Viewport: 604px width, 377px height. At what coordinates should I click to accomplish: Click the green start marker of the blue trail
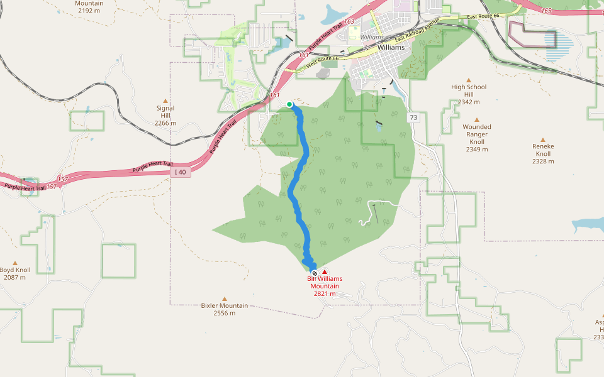tap(289, 104)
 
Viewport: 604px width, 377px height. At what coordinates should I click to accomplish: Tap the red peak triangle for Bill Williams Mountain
tap(325, 271)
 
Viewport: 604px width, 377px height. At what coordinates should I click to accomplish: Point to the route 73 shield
tap(413, 117)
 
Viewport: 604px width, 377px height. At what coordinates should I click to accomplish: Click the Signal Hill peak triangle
tap(166, 101)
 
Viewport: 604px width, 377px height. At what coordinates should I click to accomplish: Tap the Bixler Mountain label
tap(224, 306)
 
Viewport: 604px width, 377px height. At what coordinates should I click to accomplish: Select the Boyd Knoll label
tap(15, 270)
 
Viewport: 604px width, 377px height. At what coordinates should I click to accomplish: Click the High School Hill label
tap(469, 90)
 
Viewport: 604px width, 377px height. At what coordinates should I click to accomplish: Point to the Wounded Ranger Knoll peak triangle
tap(477, 119)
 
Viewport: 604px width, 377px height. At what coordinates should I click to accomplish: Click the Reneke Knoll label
tap(543, 150)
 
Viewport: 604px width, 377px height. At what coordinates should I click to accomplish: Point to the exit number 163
tap(349, 21)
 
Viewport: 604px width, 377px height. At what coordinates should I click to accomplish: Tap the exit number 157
tap(62, 179)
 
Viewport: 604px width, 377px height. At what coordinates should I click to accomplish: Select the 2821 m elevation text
tap(325, 293)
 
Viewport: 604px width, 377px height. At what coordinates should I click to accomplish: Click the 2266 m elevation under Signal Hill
tap(166, 123)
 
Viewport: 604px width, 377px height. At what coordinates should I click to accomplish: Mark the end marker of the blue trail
tap(315, 273)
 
